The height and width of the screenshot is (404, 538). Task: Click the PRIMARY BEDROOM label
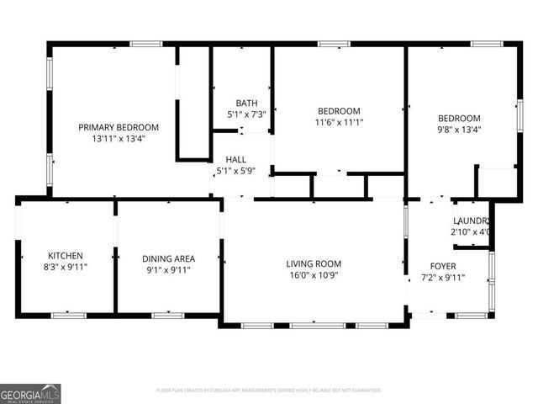pos(119,127)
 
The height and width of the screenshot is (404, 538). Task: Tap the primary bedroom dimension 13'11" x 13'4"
pos(119,139)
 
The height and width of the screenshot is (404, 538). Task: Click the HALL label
pos(235,158)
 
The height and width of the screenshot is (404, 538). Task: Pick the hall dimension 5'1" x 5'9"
pos(235,170)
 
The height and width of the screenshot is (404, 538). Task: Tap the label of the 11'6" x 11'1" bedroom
pos(339,111)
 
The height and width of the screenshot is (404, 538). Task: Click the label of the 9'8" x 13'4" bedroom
pos(459,118)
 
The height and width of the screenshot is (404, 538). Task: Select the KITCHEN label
pos(64,255)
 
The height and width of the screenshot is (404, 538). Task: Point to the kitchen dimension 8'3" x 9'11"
pos(64,267)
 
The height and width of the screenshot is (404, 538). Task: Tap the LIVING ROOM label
pos(314,263)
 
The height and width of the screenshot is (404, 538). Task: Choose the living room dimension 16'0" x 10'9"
pos(314,275)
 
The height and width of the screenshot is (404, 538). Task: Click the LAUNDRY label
pos(470,221)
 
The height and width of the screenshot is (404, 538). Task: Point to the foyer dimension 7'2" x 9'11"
pos(442,278)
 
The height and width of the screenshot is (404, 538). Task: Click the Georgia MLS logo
pos(30,393)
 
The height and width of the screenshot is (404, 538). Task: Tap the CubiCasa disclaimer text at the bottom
pos(269,391)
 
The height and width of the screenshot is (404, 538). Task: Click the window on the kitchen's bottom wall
pos(69,315)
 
